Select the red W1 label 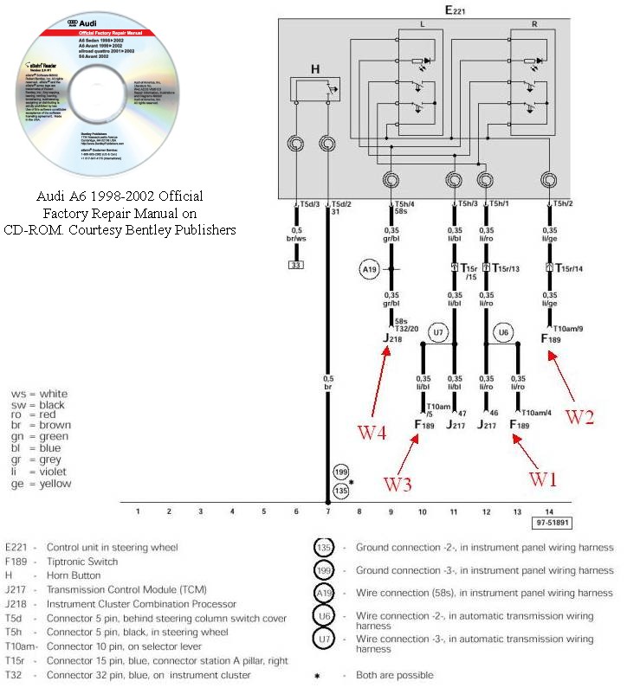click(x=545, y=479)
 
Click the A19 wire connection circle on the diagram click(x=370, y=269)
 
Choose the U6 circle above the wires click(x=502, y=331)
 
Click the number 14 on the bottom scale click(x=549, y=511)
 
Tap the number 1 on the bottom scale click(x=138, y=511)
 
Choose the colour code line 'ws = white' click(x=39, y=394)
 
